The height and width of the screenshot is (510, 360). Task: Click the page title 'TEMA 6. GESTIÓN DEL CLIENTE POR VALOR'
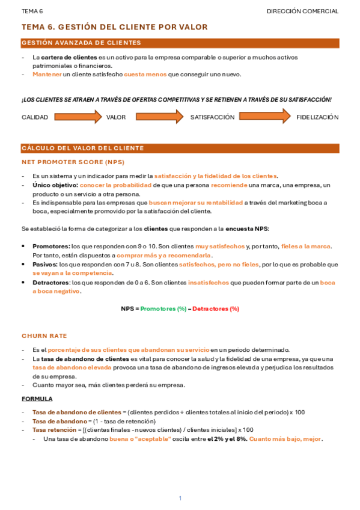[x=114, y=27]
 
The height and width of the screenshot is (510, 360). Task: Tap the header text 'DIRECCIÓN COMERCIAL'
[x=302, y=11]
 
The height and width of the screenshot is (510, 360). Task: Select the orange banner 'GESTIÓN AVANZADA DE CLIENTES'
[x=180, y=43]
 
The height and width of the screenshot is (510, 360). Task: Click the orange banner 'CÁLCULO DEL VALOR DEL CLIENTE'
[x=180, y=148]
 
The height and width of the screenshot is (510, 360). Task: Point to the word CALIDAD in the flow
[x=35, y=117]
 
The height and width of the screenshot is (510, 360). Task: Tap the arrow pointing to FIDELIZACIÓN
[x=265, y=117]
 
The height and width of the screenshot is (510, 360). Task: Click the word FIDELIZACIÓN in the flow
[x=317, y=117]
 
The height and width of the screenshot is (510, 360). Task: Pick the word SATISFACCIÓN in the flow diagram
[x=212, y=117]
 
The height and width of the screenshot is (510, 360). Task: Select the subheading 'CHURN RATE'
[x=44, y=336]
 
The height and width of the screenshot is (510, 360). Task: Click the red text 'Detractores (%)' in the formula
[x=216, y=309]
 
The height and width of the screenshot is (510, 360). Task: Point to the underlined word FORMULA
[x=37, y=399]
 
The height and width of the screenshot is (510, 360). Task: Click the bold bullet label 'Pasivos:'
[x=45, y=265]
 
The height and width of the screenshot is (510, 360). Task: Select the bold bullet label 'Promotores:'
[x=51, y=247]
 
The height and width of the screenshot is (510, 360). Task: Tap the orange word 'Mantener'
[x=47, y=75]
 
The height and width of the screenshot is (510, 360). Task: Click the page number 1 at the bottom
[x=180, y=498]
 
